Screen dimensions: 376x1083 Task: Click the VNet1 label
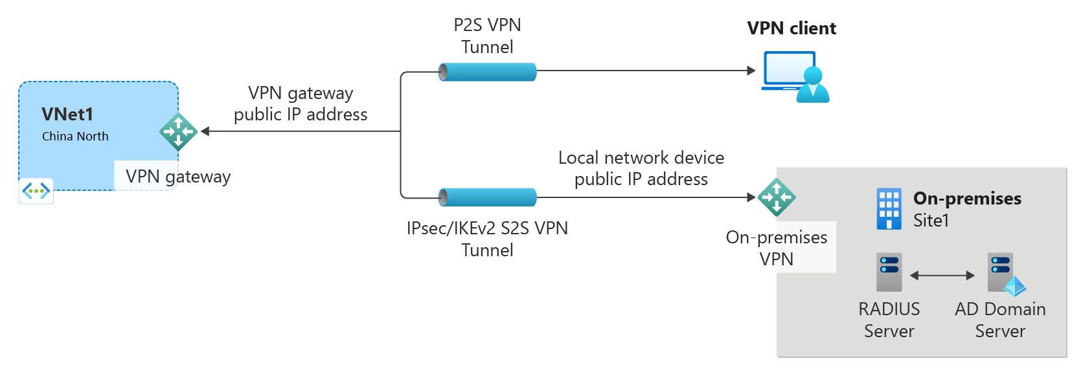pyautogui.click(x=67, y=115)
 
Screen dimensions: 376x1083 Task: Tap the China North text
pyautogui.click(x=75, y=137)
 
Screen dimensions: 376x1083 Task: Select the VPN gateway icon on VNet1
pyautogui.click(x=178, y=132)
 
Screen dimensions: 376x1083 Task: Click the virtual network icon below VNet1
pyautogui.click(x=36, y=191)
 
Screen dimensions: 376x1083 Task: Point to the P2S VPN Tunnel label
pyautogui.click(x=487, y=36)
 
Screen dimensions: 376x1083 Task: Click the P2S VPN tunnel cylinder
pyautogui.click(x=488, y=72)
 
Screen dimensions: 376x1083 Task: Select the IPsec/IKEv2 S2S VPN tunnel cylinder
pyautogui.click(x=488, y=197)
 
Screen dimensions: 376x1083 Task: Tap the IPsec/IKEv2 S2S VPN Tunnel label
pyautogui.click(x=487, y=239)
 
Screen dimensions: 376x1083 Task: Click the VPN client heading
pyautogui.click(x=792, y=28)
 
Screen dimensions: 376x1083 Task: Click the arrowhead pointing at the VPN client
pyautogui.click(x=751, y=71)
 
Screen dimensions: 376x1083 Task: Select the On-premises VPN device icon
pyautogui.click(x=777, y=197)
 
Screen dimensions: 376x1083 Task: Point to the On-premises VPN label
pyautogui.click(x=777, y=248)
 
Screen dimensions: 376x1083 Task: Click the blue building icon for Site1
pyautogui.click(x=889, y=209)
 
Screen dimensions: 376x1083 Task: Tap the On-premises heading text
pyautogui.click(x=967, y=199)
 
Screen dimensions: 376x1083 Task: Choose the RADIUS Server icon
pyautogui.click(x=889, y=272)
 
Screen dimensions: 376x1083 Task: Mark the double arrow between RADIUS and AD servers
pyautogui.click(x=942, y=276)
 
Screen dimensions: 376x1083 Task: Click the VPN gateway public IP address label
pyautogui.click(x=301, y=104)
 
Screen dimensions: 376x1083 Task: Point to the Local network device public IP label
pyautogui.click(x=641, y=168)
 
